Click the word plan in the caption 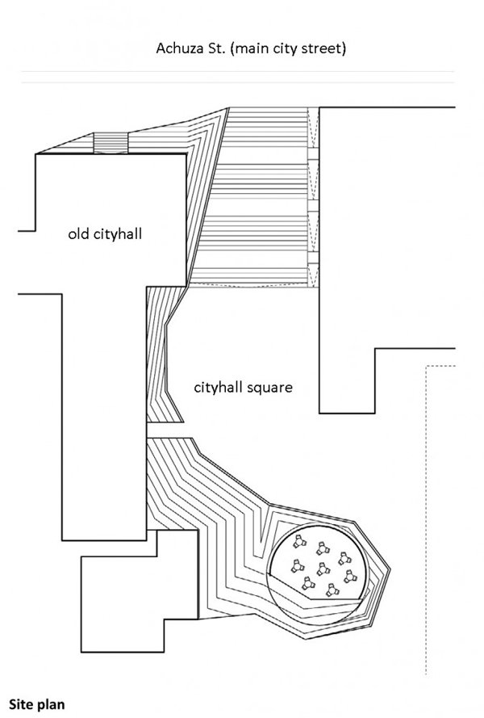coord(52,696)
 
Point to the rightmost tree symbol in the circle coord(350,577)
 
